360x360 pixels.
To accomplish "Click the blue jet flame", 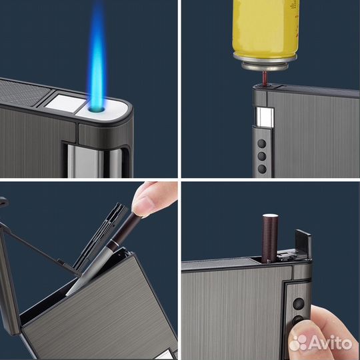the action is [x=97, y=57].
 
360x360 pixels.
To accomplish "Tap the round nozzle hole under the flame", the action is [x=97, y=109].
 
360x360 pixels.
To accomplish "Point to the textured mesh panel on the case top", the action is [x=23, y=92].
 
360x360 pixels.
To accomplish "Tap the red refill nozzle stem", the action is [x=265, y=78].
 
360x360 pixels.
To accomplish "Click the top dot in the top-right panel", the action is [x=262, y=144].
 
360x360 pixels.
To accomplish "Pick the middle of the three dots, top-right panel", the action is [x=262, y=157].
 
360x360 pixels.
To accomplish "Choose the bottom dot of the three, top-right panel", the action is [x=262, y=169].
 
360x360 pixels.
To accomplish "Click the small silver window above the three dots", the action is [x=265, y=117].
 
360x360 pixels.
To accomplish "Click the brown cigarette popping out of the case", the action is [x=270, y=238].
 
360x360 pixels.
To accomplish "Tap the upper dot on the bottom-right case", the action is [x=299, y=304].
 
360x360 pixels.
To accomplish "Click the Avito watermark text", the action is [x=331, y=343].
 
